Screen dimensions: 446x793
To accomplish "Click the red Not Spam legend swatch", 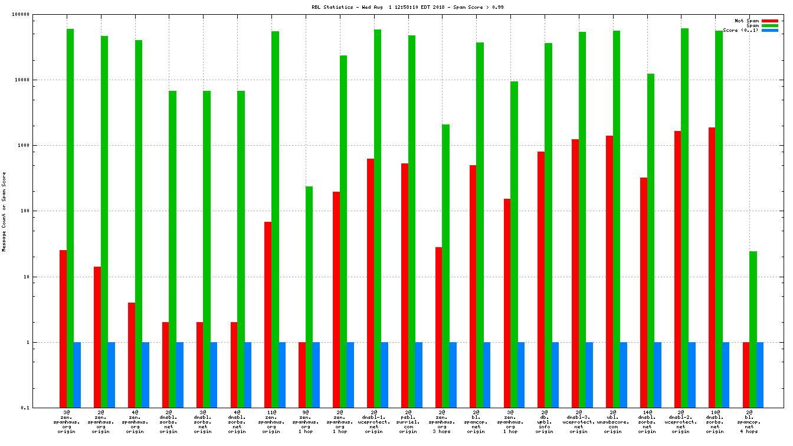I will click(x=769, y=21).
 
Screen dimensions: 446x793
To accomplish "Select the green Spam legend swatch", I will click(x=769, y=25).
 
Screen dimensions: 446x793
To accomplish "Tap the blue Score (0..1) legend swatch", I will click(x=769, y=30).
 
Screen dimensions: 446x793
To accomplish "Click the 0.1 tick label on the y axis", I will click(x=41, y=408).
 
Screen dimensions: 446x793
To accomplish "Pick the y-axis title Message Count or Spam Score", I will click(x=5, y=212).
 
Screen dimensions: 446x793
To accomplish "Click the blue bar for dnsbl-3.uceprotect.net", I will click(x=589, y=375).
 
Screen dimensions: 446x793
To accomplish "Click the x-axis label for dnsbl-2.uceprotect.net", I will click(x=681, y=422).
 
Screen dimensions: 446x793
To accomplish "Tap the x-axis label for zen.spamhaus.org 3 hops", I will click(x=442, y=422).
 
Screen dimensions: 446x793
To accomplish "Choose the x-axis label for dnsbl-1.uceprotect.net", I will click(x=373, y=422).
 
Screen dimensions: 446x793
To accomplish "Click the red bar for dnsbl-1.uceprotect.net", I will click(x=370, y=283).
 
